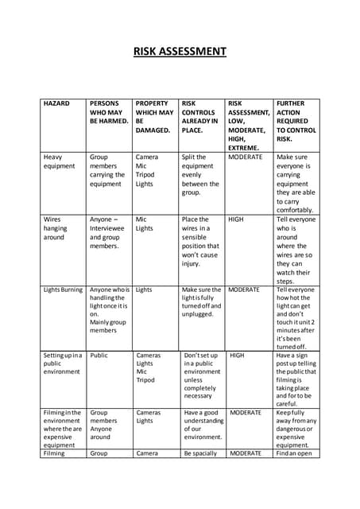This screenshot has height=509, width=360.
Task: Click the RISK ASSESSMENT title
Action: pyautogui.click(x=180, y=52)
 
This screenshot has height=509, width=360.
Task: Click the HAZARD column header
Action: pyautogui.click(x=56, y=103)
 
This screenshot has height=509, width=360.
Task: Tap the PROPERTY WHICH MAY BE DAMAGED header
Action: pyautogui.click(x=153, y=116)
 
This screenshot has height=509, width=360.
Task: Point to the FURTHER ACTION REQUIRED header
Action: pyautogui.click(x=296, y=121)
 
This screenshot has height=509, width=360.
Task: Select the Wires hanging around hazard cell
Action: pyautogui.click(x=56, y=227)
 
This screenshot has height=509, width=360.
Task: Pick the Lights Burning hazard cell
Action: pyautogui.click(x=63, y=289)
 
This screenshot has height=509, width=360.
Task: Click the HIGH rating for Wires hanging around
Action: pyautogui.click(x=236, y=219)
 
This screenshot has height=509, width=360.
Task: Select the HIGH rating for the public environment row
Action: pyautogui.click(x=237, y=356)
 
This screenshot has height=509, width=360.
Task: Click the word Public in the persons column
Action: pyautogui.click(x=99, y=356)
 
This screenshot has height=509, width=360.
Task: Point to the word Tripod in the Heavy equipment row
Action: pyautogui.click(x=145, y=175)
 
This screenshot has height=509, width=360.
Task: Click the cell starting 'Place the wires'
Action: pyautogui.click(x=199, y=241)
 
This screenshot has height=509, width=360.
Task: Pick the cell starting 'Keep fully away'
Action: pyautogui.click(x=296, y=429)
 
